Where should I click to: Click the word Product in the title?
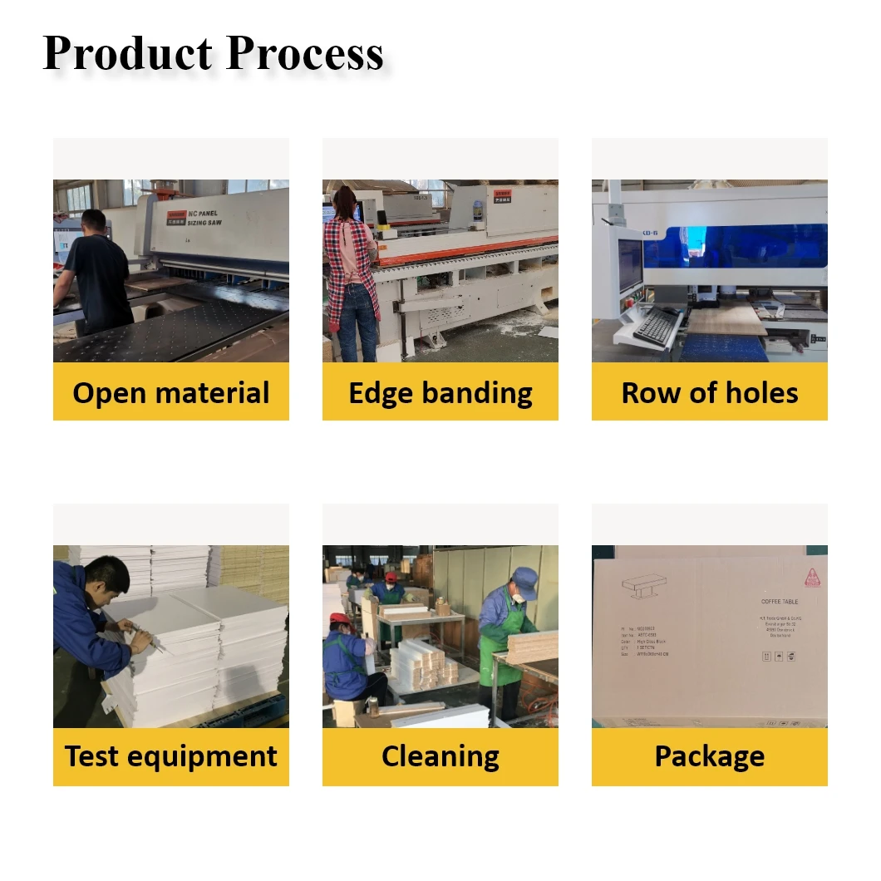click(x=126, y=54)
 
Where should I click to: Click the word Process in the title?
click(x=304, y=54)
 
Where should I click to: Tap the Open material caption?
click(x=171, y=392)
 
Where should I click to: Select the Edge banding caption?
click(x=440, y=392)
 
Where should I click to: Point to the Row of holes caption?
click(x=710, y=392)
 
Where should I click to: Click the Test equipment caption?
click(x=171, y=756)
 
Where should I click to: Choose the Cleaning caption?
click(x=440, y=756)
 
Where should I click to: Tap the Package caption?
click(x=710, y=756)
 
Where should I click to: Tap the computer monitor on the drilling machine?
click(x=630, y=264)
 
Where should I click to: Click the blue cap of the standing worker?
click(x=524, y=573)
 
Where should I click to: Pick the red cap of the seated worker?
click(x=338, y=619)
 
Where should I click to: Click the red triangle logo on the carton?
click(x=810, y=577)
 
